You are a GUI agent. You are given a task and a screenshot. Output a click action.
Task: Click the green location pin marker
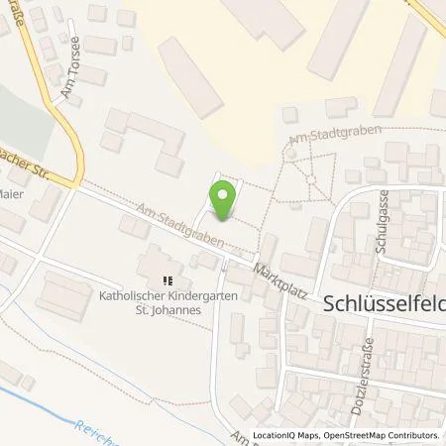point(223,197)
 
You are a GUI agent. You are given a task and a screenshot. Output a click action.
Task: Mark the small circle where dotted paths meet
point(311,178)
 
